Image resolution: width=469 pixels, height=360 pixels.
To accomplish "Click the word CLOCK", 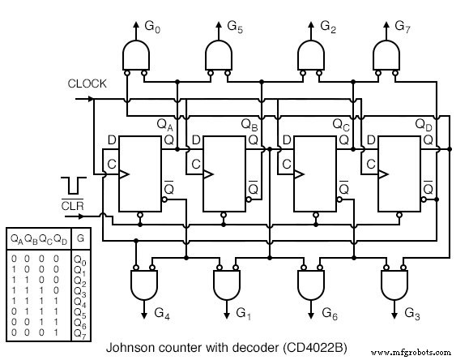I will [x=87, y=84].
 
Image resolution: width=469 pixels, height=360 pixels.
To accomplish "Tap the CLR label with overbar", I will [x=72, y=205].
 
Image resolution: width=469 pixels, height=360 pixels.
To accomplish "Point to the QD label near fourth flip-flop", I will [x=424, y=125].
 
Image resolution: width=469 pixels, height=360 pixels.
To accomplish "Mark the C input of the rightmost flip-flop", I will [x=370, y=165].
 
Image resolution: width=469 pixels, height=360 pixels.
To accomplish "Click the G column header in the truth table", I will [x=80, y=240].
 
